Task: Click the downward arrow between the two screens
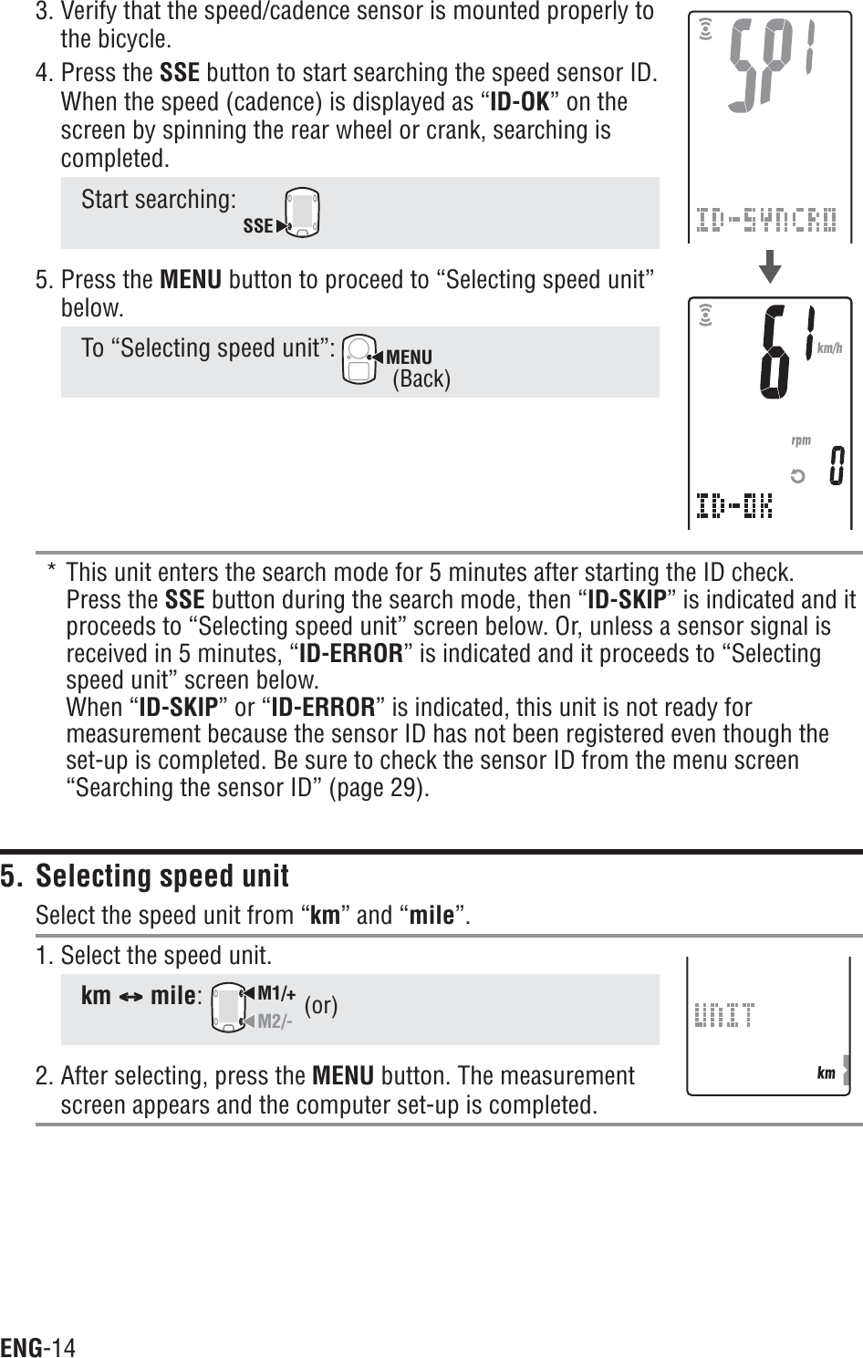771,268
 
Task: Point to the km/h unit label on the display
829,347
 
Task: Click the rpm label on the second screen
801,441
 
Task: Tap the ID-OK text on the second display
733,504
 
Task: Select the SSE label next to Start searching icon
258,225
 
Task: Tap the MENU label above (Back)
409,356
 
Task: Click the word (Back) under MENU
421,378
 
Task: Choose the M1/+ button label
276,992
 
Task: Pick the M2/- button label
275,1021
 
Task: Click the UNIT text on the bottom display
724,1014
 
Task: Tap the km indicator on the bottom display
826,1073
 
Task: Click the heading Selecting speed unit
161,876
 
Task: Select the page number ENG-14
38,1347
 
